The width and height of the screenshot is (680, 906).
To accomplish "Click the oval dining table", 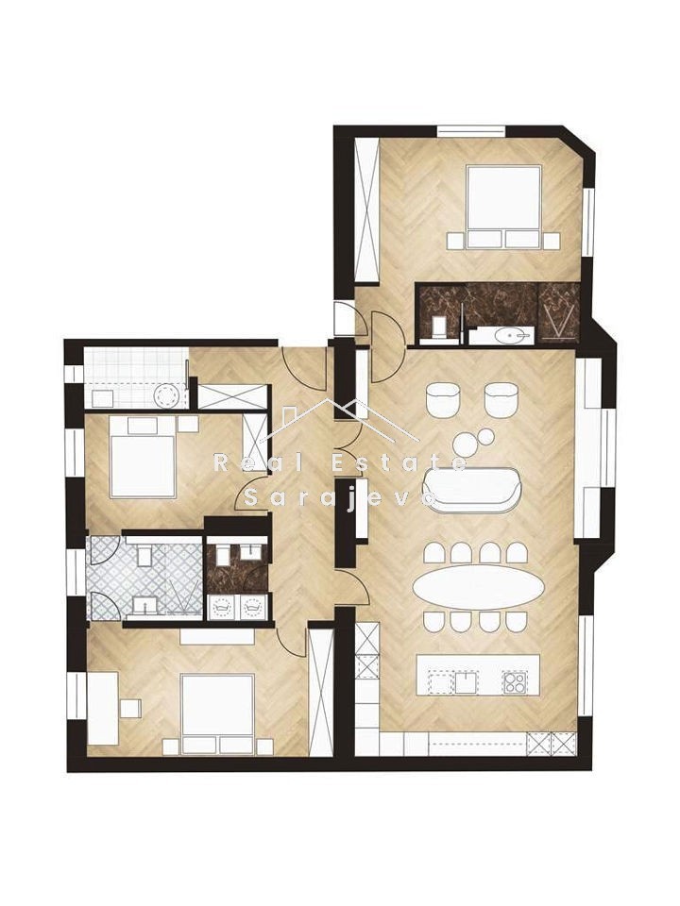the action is [x=478, y=586].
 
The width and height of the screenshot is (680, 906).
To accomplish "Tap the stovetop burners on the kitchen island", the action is [x=514, y=682].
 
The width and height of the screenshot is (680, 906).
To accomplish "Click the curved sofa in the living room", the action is [x=472, y=490].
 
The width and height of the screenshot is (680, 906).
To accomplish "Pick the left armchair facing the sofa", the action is [x=443, y=398].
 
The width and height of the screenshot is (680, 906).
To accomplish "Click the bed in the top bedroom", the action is [x=503, y=207].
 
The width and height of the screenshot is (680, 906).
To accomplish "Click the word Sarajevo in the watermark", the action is [x=340, y=498].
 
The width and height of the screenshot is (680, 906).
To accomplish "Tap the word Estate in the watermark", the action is [x=407, y=462].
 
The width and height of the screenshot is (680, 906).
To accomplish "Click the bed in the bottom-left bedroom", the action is [x=217, y=714].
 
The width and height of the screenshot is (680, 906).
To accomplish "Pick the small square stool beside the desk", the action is [x=130, y=708].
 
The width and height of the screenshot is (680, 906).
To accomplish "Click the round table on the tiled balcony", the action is [x=169, y=395].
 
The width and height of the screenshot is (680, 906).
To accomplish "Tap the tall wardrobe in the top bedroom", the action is [x=366, y=210].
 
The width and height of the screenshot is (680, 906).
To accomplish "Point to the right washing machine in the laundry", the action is [x=253, y=607].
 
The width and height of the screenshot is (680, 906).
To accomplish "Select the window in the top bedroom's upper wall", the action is [x=472, y=131].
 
